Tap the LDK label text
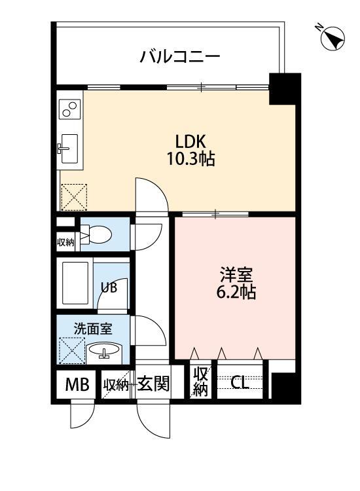(x=190, y=141)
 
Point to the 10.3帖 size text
(x=191, y=158)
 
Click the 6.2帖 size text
(x=236, y=293)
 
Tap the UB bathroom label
(x=109, y=287)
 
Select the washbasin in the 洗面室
(x=104, y=352)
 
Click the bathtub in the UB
(x=75, y=283)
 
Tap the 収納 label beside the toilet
(x=65, y=242)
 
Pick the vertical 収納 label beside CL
(x=200, y=382)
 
